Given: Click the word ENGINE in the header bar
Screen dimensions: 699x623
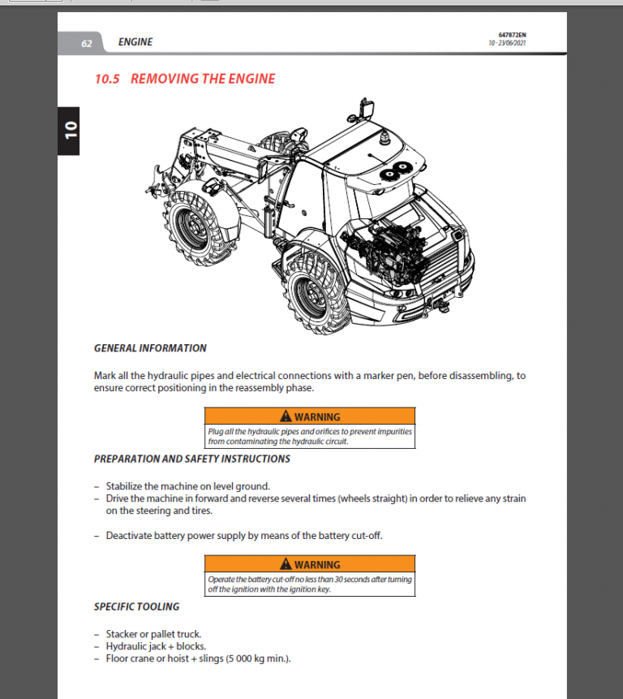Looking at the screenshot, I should pyautogui.click(x=135, y=42).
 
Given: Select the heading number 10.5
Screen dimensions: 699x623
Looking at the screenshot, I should pyautogui.click(x=107, y=79).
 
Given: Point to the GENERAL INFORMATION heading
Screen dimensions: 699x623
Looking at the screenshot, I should pyautogui.click(x=150, y=348).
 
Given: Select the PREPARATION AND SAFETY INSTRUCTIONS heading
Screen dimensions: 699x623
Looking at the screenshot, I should pyautogui.click(x=191, y=459).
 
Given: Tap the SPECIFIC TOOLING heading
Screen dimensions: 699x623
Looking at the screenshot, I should pyautogui.click(x=136, y=606).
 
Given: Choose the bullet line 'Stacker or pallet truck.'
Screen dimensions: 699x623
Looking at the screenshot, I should pyautogui.click(x=153, y=633).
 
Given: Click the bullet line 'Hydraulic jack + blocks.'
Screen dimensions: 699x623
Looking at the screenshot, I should pyautogui.click(x=156, y=646).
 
